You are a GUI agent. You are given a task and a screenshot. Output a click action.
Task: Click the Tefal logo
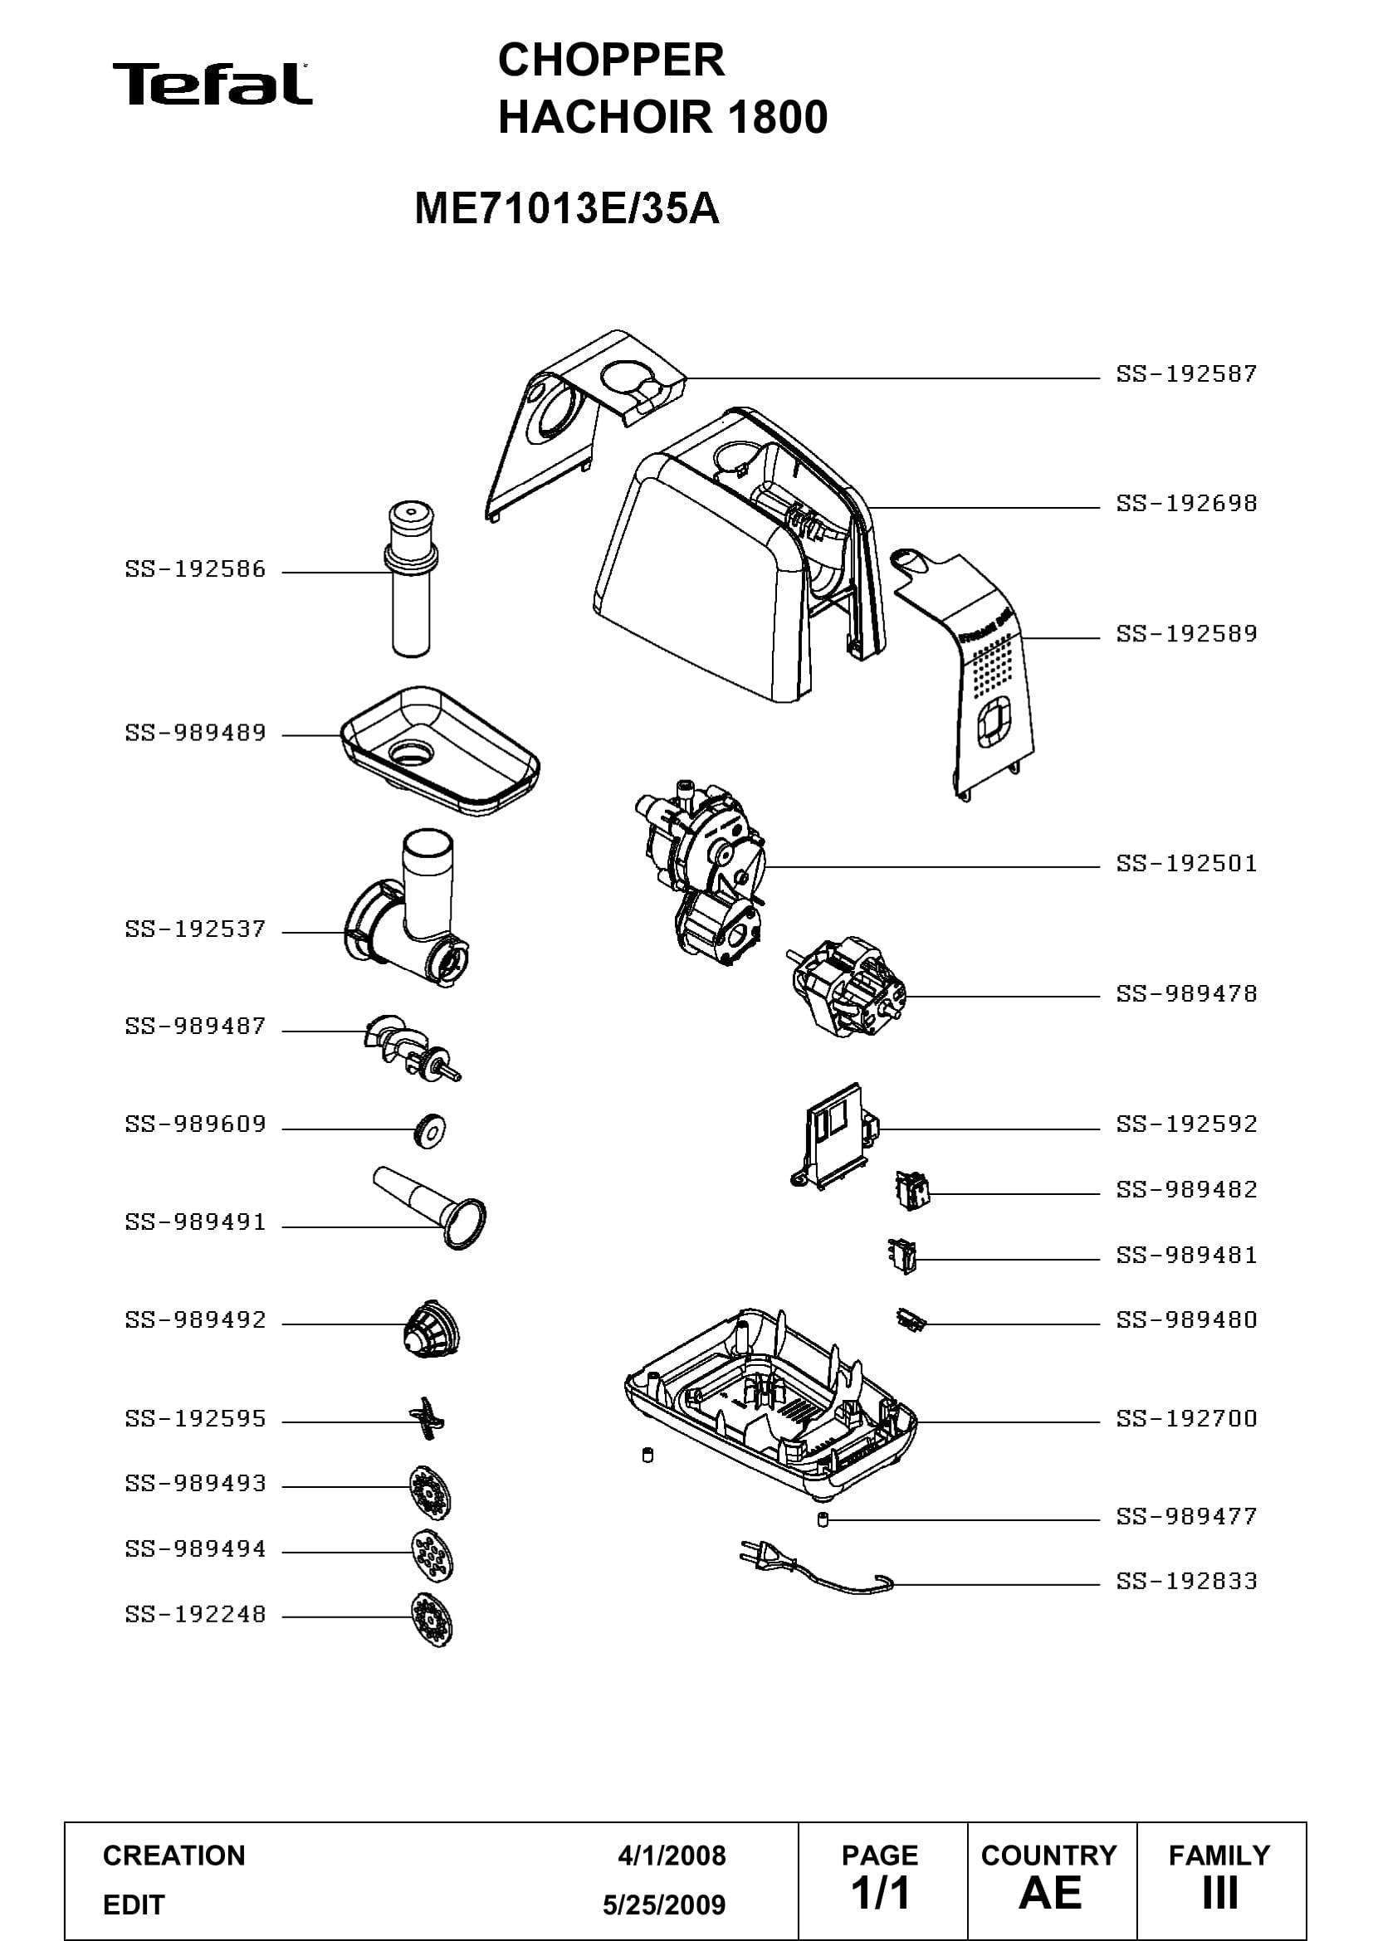pos(213,84)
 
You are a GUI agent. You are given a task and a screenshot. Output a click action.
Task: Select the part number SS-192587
pos(1186,373)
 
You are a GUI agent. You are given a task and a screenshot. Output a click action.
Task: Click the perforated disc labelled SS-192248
pos(431,1620)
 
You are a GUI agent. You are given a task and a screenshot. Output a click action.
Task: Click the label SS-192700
pos(1186,1418)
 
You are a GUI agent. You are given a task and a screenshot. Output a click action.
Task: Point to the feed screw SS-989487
pos(413,1048)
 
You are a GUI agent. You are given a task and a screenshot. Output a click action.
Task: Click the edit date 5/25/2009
pos(664,1904)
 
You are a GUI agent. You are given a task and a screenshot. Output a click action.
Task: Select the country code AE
pos(1050,1893)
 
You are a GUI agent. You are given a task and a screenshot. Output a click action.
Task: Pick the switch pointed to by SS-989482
pos(912,1191)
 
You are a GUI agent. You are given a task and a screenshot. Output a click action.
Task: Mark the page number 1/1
pos(880,1893)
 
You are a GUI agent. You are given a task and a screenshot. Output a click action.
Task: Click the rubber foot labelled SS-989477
pos(822,1520)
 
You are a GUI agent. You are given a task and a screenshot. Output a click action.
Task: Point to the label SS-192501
pos(1186,864)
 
